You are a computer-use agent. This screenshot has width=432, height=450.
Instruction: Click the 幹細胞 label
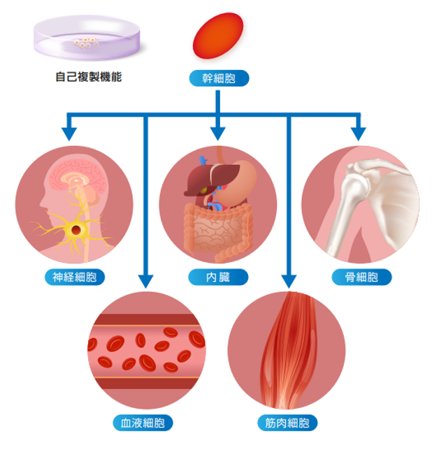pyautogui.click(x=218, y=78)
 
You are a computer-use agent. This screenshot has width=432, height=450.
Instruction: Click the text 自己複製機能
pyautogui.click(x=88, y=77)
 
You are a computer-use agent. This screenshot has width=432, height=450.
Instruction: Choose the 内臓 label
pyautogui.click(x=218, y=277)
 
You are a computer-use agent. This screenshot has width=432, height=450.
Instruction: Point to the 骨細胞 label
pyautogui.click(x=361, y=277)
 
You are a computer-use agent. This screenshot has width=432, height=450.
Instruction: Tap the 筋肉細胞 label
pyautogui.click(x=287, y=423)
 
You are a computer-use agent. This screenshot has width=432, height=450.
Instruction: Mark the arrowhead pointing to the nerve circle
pyautogui.click(x=69, y=132)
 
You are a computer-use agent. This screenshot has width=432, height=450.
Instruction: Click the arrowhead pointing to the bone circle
pyautogui.click(x=359, y=132)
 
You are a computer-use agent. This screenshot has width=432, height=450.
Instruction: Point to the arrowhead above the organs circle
pyautogui.click(x=218, y=132)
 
